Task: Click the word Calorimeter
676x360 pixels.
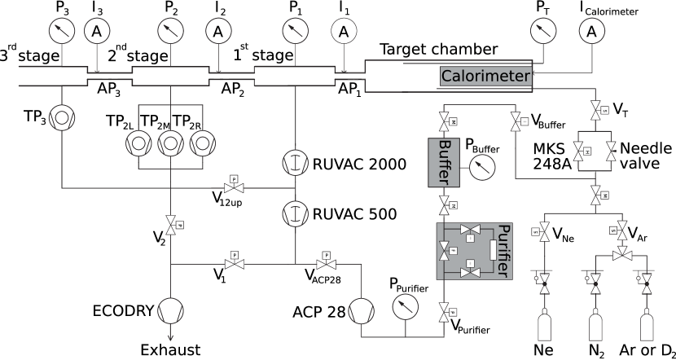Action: tap(485, 77)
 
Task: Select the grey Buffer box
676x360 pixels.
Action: tap(444, 161)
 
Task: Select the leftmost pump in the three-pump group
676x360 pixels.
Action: tap(138, 144)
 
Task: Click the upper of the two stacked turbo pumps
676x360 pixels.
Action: tap(294, 162)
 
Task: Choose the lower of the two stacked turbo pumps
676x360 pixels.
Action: tap(294, 213)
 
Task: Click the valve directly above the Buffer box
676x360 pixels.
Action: tap(444, 121)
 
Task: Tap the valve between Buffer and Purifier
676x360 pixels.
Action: tap(444, 204)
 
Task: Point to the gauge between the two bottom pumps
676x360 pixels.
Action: tap(405, 307)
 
